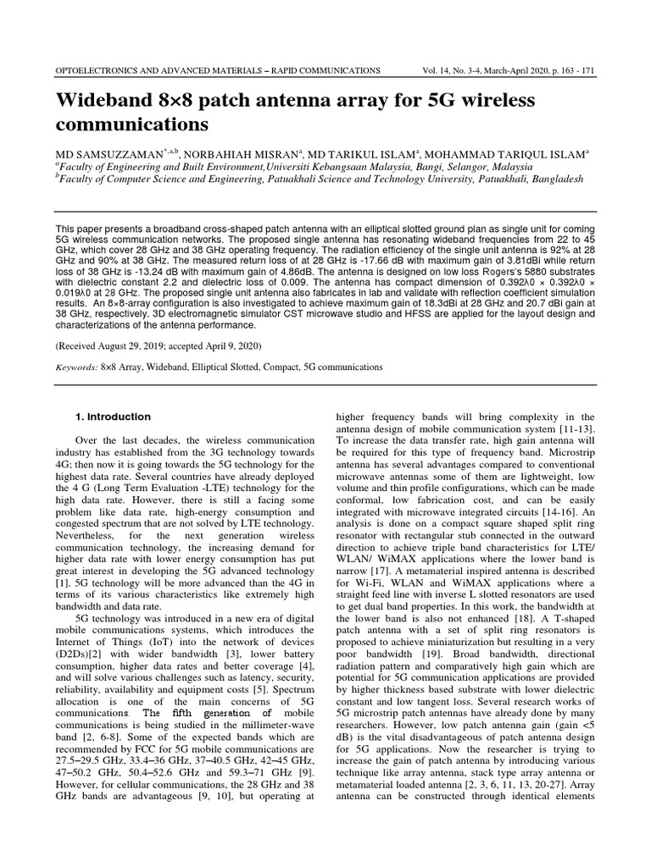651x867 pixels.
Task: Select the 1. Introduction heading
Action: tap(114, 417)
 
